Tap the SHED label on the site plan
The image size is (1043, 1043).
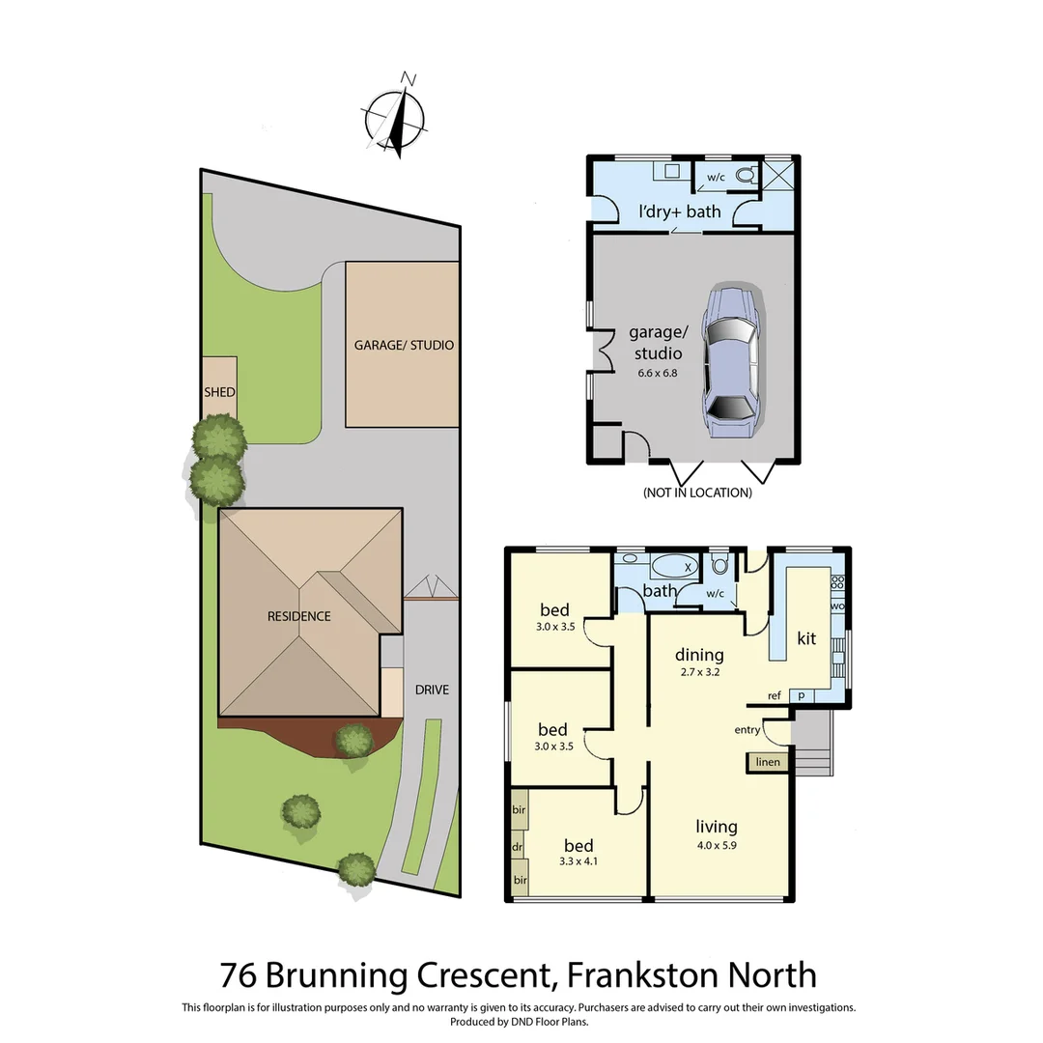click(x=219, y=392)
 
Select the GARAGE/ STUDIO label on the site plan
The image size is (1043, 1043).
click(x=404, y=345)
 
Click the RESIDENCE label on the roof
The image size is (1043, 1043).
click(x=299, y=616)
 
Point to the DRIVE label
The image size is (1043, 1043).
click(x=432, y=690)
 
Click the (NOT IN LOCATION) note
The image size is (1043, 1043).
click(x=697, y=493)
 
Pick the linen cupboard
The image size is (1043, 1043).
click(x=768, y=763)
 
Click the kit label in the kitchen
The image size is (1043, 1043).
click(x=807, y=638)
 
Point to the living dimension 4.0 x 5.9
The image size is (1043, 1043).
click(x=717, y=845)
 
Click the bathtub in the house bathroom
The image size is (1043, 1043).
click(x=674, y=566)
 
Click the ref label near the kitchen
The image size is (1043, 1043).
click(x=775, y=695)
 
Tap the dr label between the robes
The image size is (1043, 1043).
click(x=518, y=847)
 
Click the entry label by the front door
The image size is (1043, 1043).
click(x=747, y=730)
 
